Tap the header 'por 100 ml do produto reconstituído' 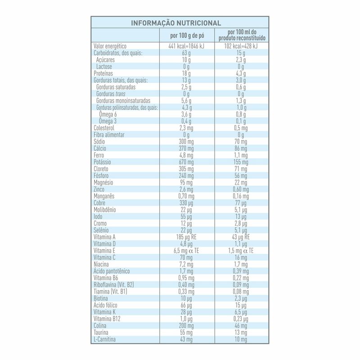(242, 35)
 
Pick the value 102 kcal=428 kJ (242, 46)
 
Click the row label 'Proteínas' (103, 73)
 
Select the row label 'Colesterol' (104, 128)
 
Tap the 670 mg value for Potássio (186, 162)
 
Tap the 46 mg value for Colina (242, 325)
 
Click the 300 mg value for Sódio (186, 141)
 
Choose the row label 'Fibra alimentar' (109, 135)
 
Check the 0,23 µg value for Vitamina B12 (242, 319)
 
